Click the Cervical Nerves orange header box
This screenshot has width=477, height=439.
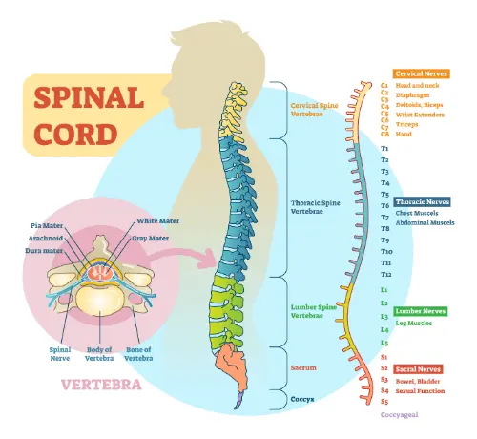click(x=422, y=73)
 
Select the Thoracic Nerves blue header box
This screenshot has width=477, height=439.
click(x=422, y=201)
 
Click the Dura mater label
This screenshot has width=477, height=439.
click(x=45, y=249)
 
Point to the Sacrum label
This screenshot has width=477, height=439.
click(x=304, y=366)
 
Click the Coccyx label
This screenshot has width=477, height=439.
click(x=304, y=398)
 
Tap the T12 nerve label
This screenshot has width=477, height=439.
click(x=385, y=274)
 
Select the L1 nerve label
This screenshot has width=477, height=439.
click(x=384, y=288)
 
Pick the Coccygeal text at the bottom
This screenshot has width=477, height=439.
click(x=402, y=415)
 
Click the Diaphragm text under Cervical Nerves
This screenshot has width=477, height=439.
click(x=416, y=95)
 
